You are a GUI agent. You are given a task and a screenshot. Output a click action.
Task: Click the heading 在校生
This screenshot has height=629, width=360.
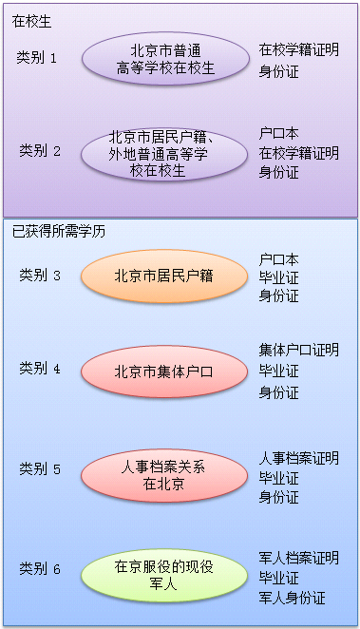click(x=31, y=20)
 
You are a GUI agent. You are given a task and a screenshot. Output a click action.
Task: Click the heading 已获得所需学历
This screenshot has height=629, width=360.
click(x=58, y=230)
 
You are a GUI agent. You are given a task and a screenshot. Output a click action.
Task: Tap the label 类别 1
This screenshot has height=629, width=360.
click(x=39, y=57)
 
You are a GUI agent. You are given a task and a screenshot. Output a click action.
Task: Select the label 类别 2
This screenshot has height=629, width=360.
click(x=40, y=151)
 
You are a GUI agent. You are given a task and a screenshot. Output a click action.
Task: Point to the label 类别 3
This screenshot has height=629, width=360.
click(x=40, y=276)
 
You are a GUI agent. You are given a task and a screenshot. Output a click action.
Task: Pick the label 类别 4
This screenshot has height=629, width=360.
click(x=40, y=369)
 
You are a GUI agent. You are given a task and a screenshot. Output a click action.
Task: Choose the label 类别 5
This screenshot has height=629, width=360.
click(x=40, y=469)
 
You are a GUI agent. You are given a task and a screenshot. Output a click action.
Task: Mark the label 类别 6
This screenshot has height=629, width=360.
click(x=40, y=569)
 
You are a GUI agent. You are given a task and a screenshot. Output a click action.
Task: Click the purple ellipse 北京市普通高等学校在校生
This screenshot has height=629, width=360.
click(x=165, y=59)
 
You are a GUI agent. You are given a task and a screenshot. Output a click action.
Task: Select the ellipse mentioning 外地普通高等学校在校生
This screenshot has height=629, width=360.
click(x=165, y=154)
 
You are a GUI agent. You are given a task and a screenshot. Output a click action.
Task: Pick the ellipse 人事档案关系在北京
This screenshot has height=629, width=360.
click(x=162, y=472)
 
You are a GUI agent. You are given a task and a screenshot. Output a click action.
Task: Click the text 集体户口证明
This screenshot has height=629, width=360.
click(x=298, y=351)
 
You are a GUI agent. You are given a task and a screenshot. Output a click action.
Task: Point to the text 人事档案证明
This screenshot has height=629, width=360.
click(x=298, y=458)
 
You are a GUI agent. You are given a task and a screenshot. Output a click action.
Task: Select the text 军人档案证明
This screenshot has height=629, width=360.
click(x=298, y=558)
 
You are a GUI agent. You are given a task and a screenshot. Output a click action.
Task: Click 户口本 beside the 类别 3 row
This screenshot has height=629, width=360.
click(x=278, y=258)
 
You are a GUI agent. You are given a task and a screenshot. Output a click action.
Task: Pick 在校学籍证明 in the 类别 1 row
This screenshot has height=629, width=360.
click(x=298, y=47)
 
